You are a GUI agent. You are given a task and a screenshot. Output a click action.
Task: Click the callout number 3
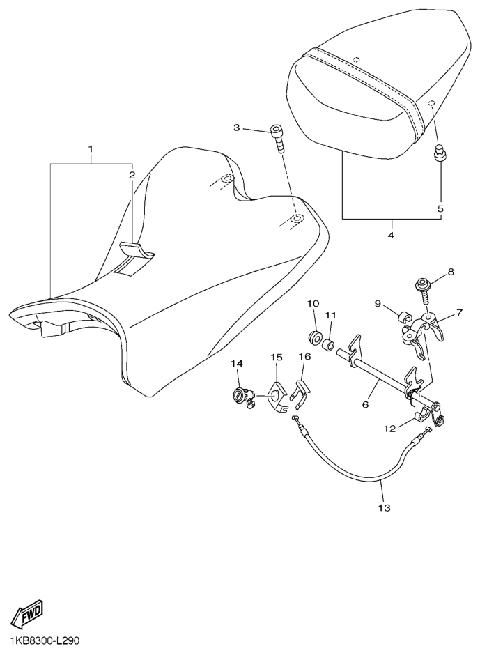pos(236,128)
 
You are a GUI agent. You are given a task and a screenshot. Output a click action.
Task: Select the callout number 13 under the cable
pos(385,507)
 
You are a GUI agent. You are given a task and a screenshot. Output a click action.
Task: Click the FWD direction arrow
pos(28,613)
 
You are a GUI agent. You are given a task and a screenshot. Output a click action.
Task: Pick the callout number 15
pos(276,357)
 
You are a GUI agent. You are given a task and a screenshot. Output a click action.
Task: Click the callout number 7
pos(459,312)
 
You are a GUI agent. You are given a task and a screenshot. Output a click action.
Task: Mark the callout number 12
pos(390,428)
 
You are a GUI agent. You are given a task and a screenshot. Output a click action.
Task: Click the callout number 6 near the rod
pos(366,404)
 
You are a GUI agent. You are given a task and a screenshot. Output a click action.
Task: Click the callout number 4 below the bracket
pos(391,236)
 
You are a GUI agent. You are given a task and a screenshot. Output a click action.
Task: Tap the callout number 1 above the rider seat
pos(91,148)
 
